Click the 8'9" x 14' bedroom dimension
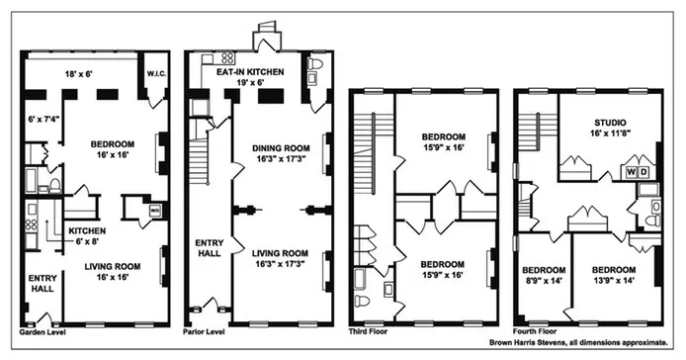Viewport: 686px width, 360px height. coord(544,282)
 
